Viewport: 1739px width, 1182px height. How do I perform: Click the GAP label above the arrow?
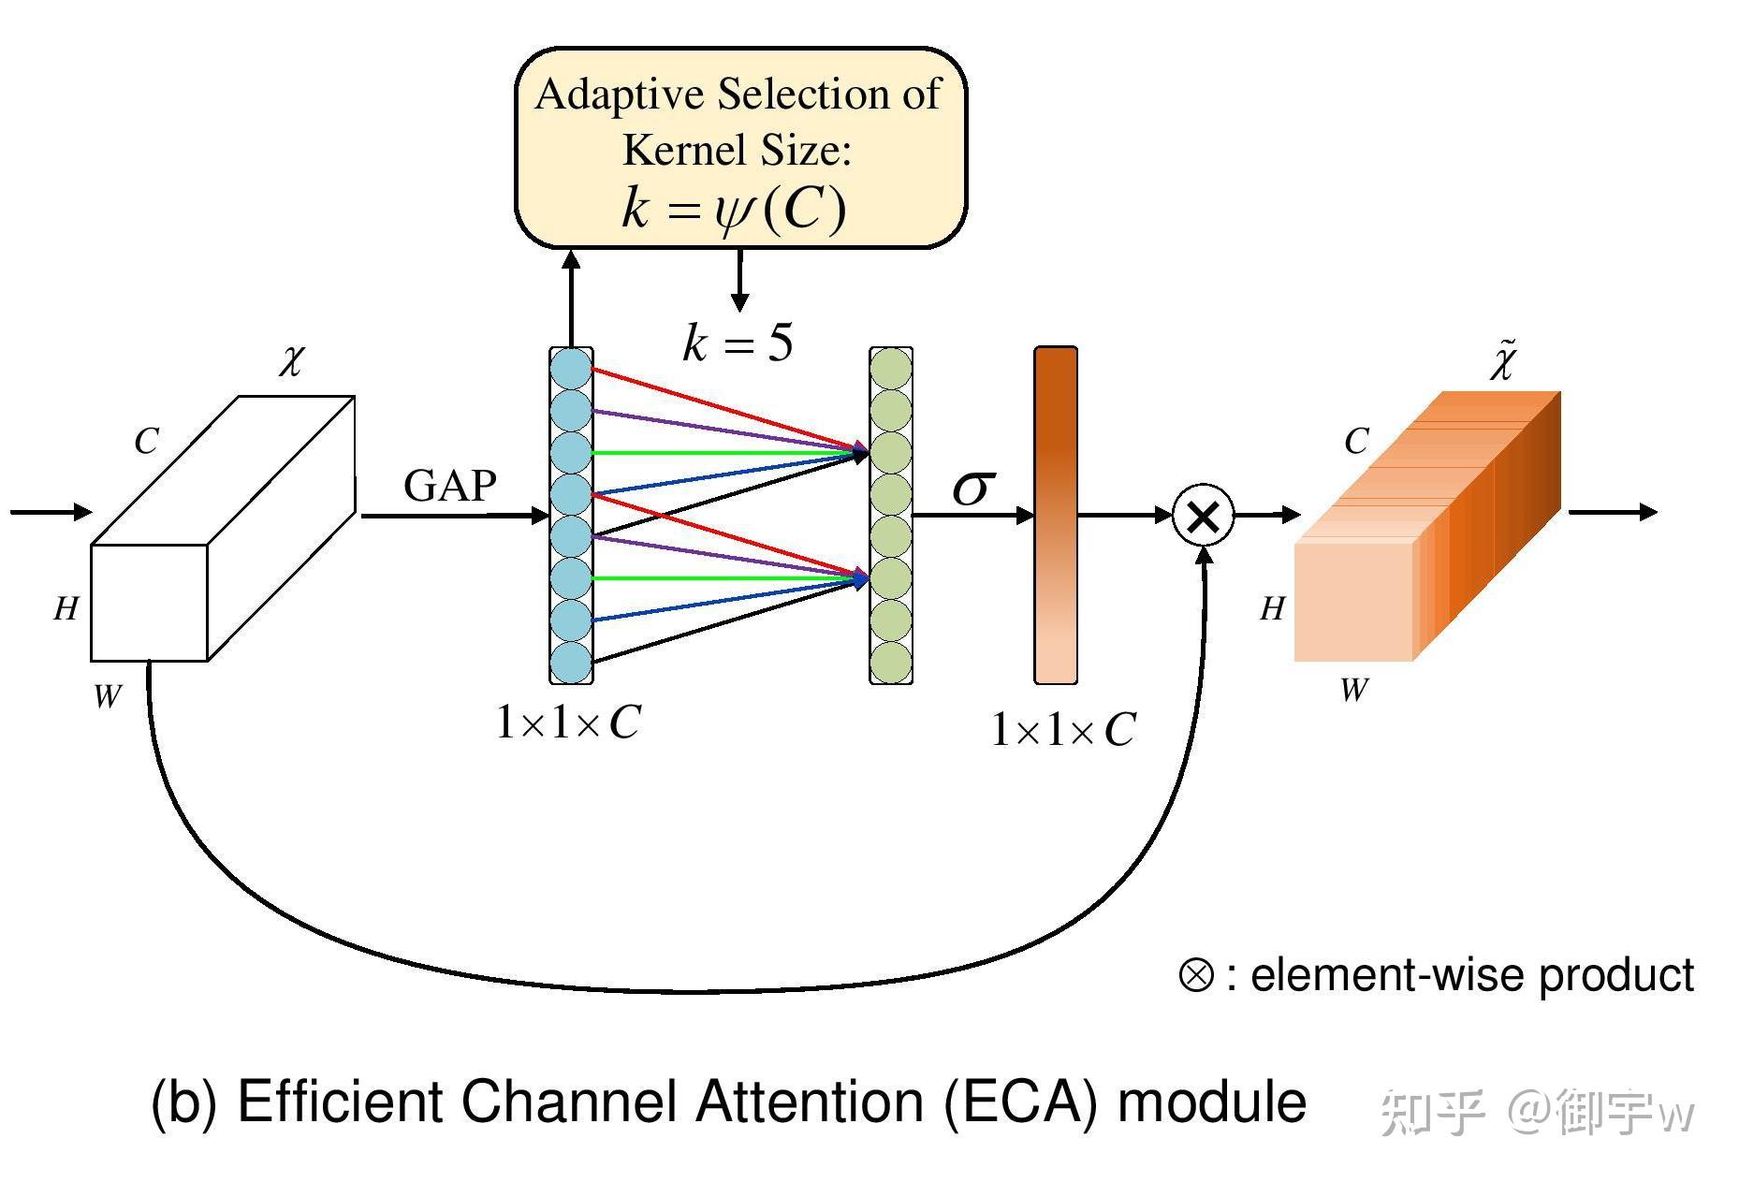(449, 486)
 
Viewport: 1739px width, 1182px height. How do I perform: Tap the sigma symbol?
(972, 488)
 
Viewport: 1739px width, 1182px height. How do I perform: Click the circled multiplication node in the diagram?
(1203, 515)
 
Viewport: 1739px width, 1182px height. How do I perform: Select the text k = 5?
(738, 343)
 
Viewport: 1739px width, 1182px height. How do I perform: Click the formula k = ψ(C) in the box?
(734, 208)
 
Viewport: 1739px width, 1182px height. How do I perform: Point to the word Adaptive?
(619, 95)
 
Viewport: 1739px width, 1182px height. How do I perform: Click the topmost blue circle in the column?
(571, 369)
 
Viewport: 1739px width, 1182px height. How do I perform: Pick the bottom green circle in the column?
(891, 662)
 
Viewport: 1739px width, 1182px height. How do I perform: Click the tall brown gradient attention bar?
(1056, 515)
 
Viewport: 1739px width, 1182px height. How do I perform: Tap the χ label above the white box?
(291, 359)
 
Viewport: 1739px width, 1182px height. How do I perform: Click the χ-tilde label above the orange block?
(1503, 361)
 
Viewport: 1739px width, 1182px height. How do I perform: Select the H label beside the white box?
(66, 609)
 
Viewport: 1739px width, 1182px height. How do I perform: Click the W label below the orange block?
(1353, 691)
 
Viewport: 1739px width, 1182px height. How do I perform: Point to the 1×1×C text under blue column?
(568, 722)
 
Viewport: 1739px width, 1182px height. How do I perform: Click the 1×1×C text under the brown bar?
(1063, 730)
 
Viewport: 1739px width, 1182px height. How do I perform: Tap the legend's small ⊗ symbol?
(1195, 975)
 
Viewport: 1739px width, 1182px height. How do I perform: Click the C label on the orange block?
(1356, 441)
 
